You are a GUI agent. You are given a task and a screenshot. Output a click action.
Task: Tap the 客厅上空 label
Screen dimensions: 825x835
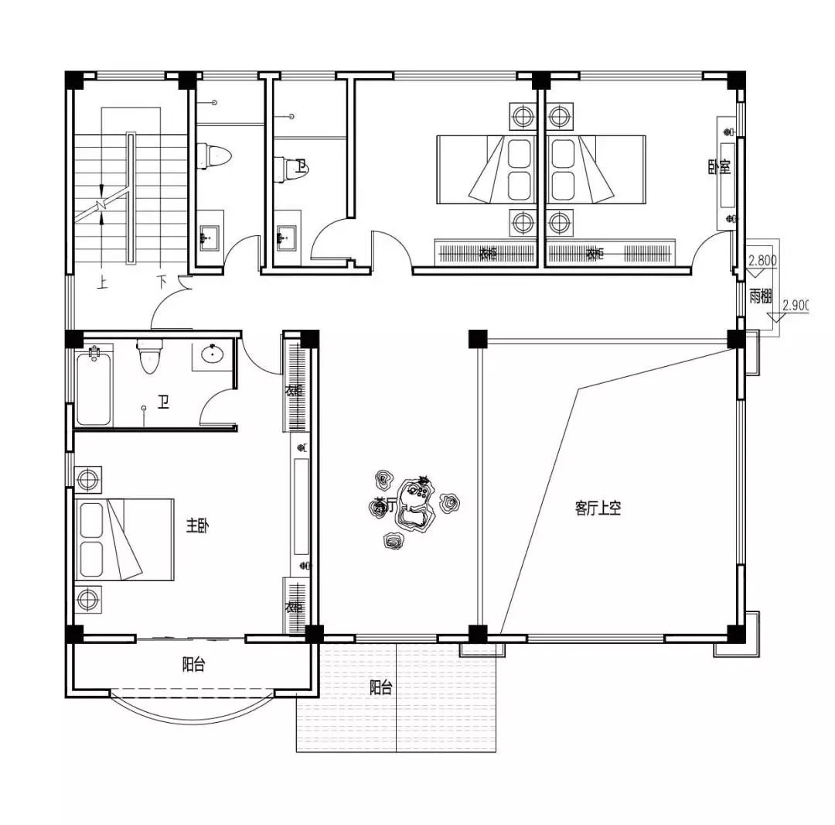pos(598,508)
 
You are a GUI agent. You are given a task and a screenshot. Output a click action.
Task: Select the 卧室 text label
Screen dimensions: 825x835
pos(724,167)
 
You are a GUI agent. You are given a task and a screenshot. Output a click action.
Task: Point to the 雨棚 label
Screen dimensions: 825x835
pos(760,296)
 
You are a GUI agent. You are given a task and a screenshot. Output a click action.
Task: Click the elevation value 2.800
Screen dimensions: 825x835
pos(762,261)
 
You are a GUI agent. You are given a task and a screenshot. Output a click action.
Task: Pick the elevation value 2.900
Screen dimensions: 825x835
pos(795,306)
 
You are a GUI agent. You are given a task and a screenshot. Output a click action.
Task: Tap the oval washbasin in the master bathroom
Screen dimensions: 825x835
pos(213,354)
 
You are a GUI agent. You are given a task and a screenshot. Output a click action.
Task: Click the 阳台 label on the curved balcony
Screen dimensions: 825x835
pos(193,665)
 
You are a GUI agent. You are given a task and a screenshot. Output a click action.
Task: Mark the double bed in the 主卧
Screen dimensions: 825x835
pos(124,539)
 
